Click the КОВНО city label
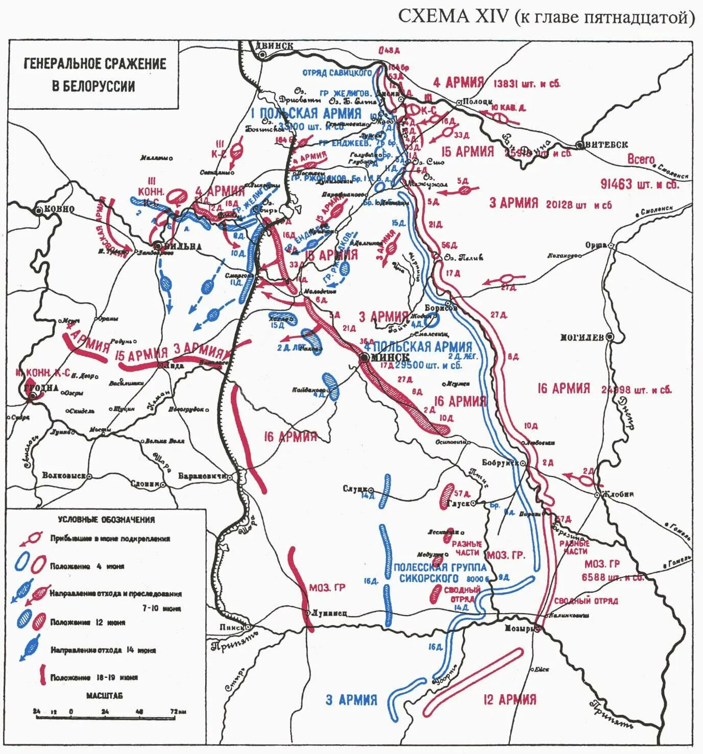point(59,209)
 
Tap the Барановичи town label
point(202,476)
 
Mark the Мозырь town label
point(518,628)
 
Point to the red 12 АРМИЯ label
point(509,699)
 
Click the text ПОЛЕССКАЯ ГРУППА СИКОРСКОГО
point(440,573)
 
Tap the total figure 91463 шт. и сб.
point(640,184)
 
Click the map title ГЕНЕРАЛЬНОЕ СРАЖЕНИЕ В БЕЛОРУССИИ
point(95,75)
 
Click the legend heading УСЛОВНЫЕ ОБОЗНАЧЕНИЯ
point(106,520)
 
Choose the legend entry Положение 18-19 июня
point(94,677)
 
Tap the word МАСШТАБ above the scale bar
point(104,695)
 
